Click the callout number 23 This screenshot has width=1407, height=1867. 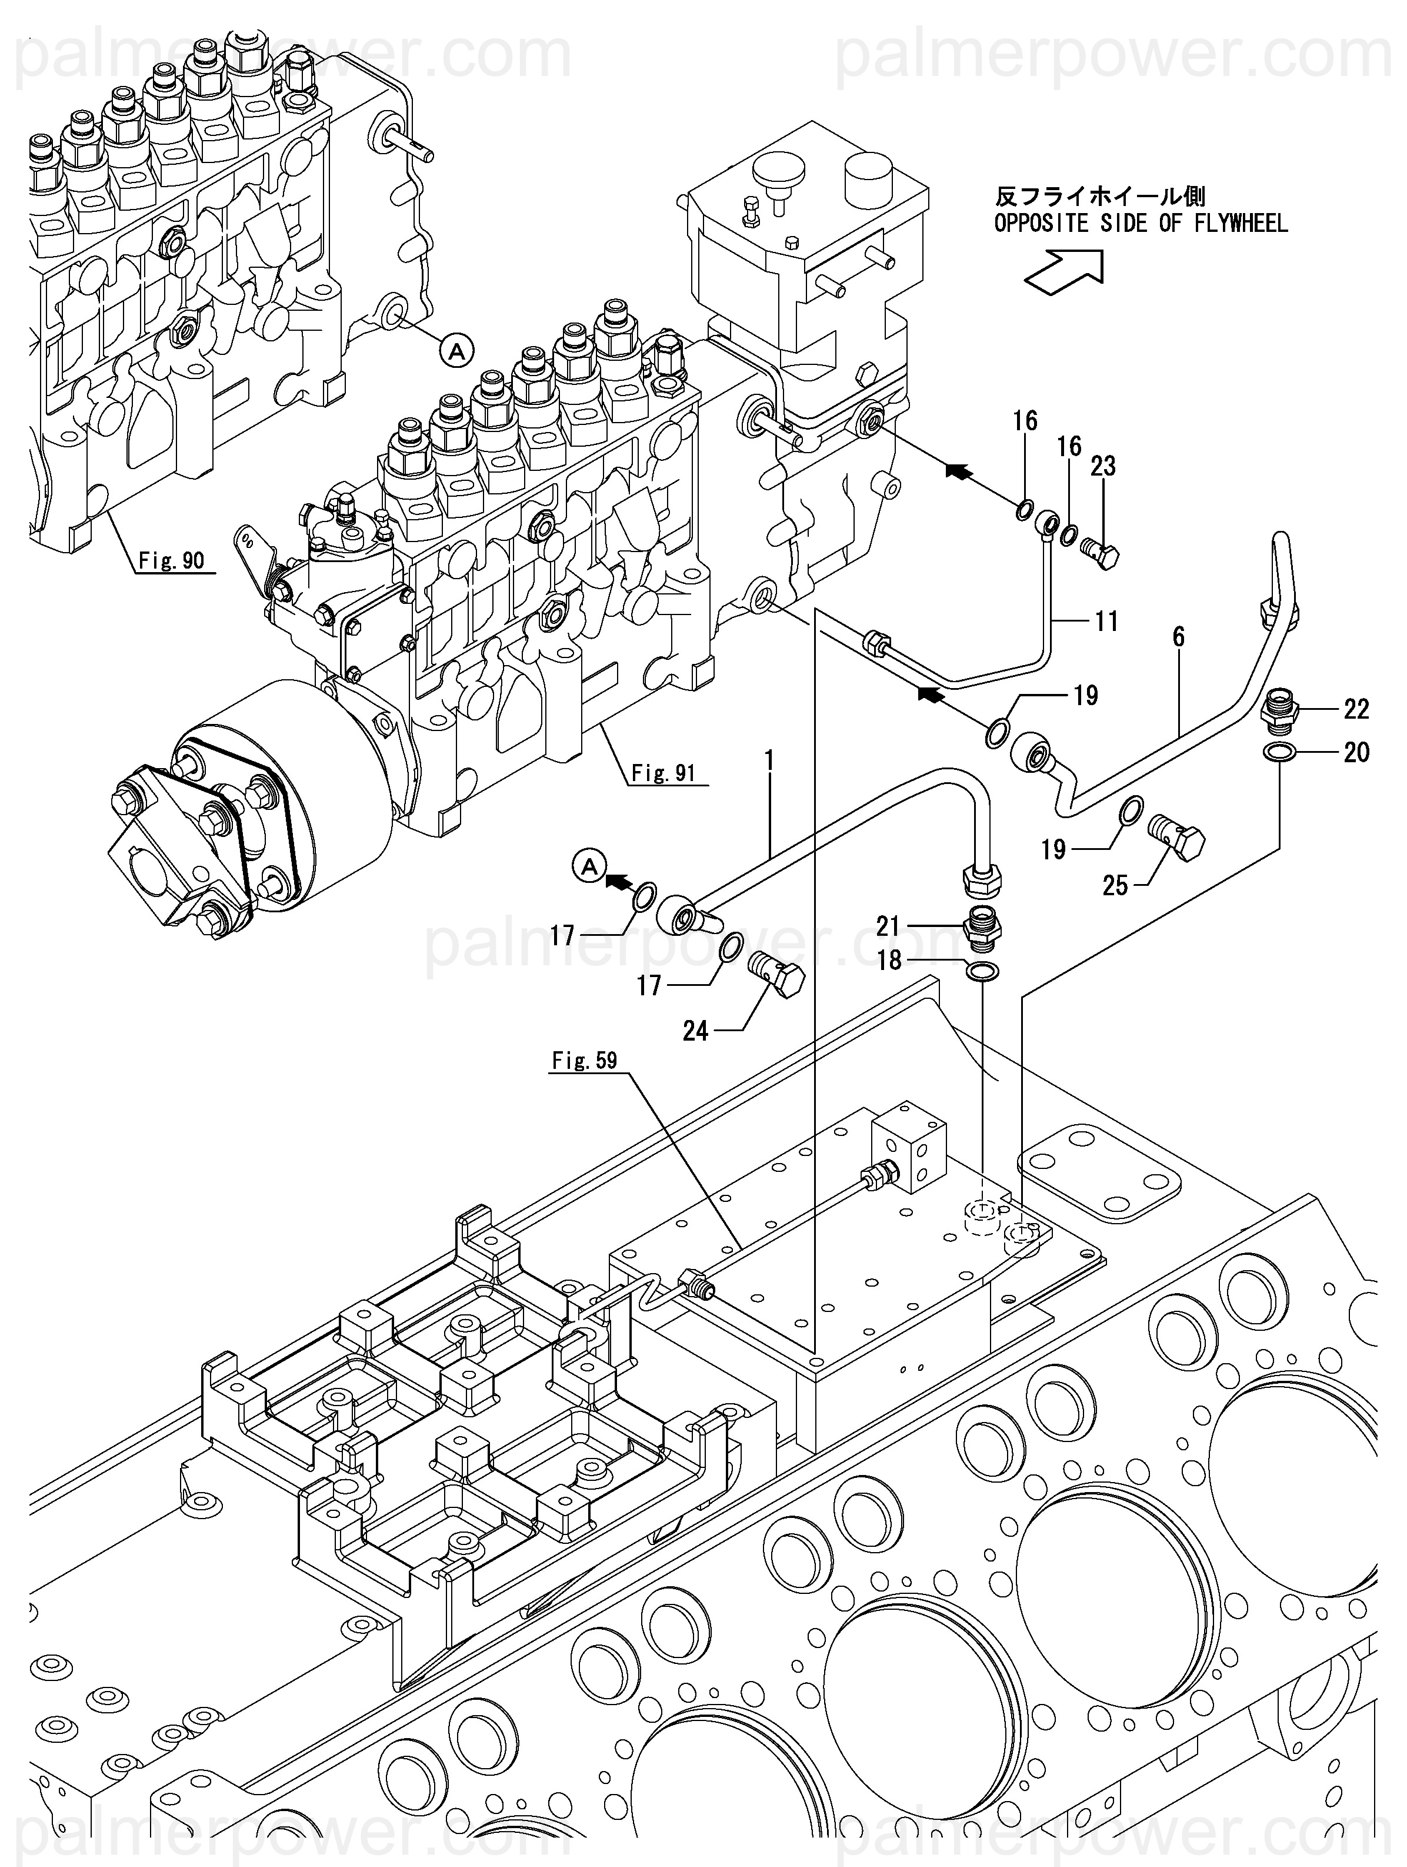[1102, 466]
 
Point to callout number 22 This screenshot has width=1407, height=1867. [1356, 710]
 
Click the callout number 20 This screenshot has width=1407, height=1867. [1356, 752]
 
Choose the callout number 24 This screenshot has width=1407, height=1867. [695, 1031]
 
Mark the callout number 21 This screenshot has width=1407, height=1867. [888, 927]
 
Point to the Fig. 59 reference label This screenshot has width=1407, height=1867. [585, 1060]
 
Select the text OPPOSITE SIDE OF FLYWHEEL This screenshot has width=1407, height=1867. [1141, 224]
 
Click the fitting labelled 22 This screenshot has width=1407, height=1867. [1282, 708]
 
